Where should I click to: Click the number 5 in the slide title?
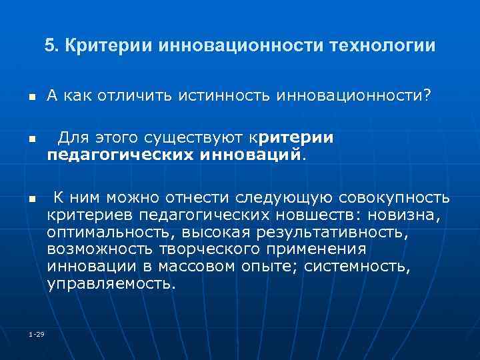pyautogui.click(x=49, y=47)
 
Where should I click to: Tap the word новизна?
pyautogui.click(x=407, y=215)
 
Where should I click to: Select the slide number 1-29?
pyautogui.click(x=37, y=333)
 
